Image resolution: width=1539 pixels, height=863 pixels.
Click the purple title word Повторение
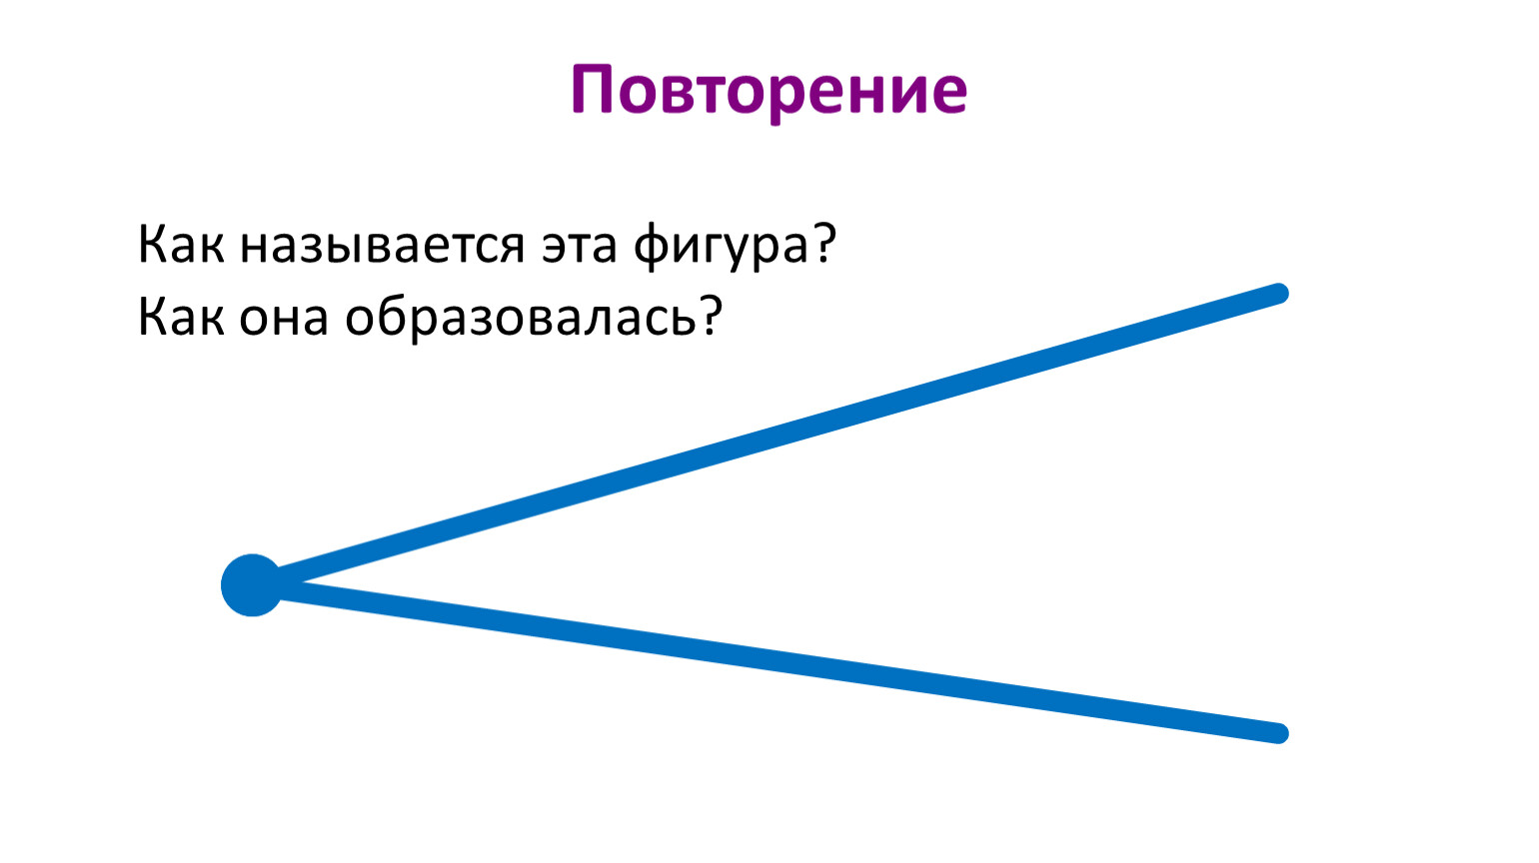[x=769, y=92]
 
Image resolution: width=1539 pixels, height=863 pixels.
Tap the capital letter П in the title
[x=592, y=89]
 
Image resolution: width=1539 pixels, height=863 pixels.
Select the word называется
[x=383, y=246]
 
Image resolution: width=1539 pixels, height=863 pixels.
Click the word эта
[x=580, y=246]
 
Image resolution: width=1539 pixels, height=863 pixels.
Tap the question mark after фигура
[x=823, y=242]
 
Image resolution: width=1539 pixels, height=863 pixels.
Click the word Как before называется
[x=181, y=243]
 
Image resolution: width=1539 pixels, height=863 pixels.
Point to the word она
[x=283, y=319]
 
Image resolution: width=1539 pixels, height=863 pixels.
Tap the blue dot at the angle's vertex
[x=252, y=585]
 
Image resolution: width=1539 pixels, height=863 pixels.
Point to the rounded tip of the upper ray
[x=1278, y=293]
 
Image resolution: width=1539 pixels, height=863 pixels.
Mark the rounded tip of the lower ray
[x=1278, y=733]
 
